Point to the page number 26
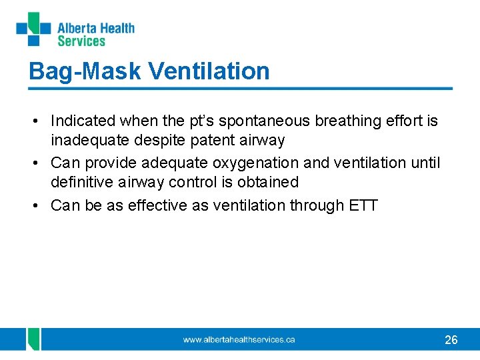coord(451,340)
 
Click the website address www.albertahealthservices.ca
coord(239,340)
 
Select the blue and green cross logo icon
coord(33,29)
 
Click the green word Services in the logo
coord(81,41)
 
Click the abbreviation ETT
coord(363,205)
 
